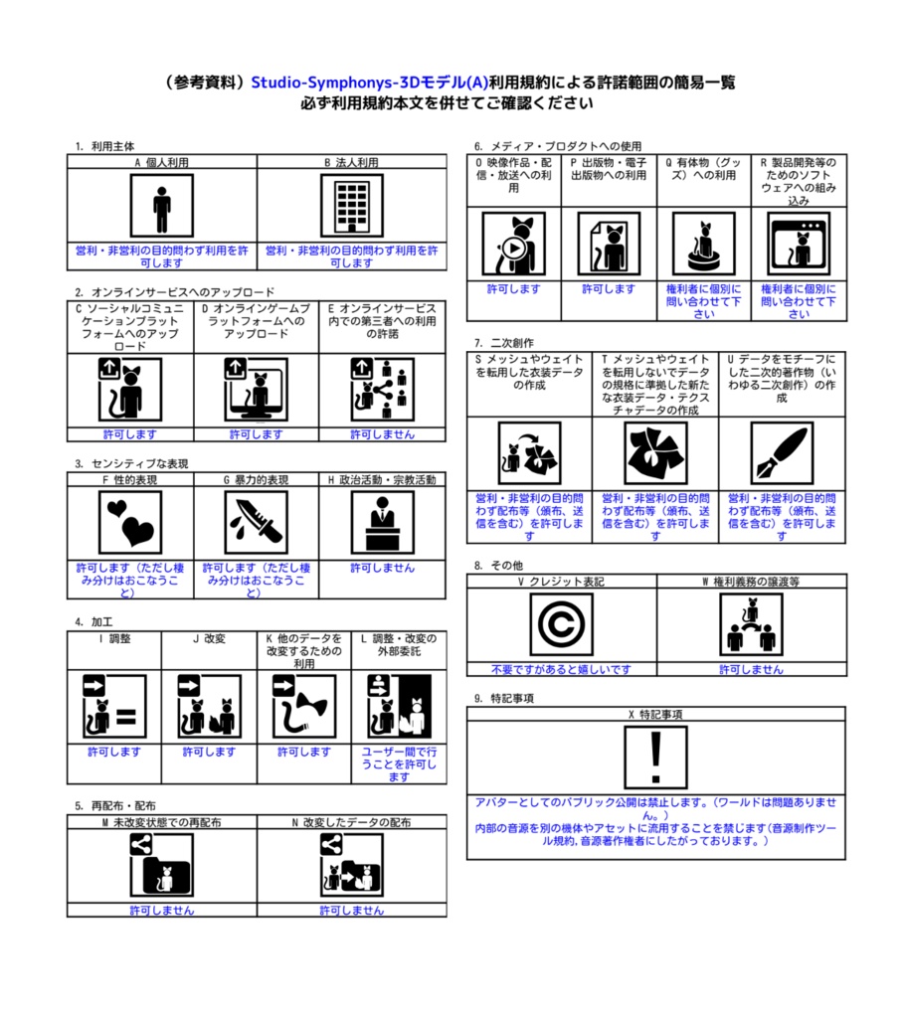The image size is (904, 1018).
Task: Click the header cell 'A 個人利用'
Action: pos(161,161)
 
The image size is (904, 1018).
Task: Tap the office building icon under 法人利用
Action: pos(351,206)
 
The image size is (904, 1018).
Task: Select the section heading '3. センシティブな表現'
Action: pos(131,463)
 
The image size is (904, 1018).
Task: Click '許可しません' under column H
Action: pos(382,568)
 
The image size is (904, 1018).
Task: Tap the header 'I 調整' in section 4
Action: pos(113,638)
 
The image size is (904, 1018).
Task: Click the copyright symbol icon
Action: pos(561,625)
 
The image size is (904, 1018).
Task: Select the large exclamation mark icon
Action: pos(655,757)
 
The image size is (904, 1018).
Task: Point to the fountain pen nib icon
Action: pos(782,453)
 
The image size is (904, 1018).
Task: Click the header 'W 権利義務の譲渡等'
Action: pos(752,581)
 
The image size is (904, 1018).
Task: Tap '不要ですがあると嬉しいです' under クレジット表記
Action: pos(561,669)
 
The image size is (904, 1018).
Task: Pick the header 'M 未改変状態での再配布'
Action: pos(161,822)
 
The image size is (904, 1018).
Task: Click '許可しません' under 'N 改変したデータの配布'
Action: pos(351,910)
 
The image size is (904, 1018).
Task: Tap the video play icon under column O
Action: pos(514,245)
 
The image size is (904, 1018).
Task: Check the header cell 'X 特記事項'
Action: pos(655,714)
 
